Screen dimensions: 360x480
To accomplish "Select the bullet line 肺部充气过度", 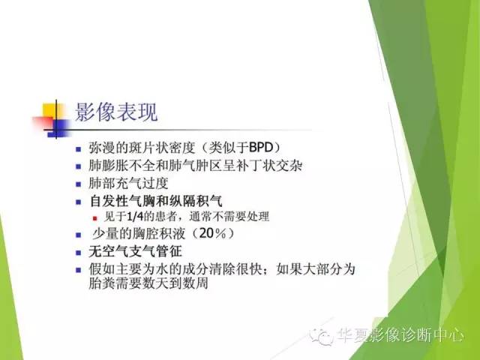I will click(x=130, y=183).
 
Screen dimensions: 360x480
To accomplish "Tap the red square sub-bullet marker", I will click(x=96, y=217).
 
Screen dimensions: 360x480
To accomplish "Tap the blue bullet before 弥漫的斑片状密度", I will click(x=80, y=147).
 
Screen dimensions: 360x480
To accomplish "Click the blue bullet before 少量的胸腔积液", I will click(x=80, y=234).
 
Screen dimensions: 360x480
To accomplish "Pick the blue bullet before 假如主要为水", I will click(x=80, y=269).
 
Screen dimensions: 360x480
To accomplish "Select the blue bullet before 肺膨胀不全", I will click(x=80, y=165).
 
